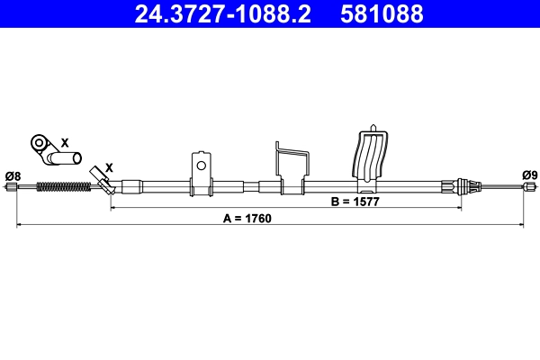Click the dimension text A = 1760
coord(247,219)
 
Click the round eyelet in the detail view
coord(40,142)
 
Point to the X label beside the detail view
coord(64,142)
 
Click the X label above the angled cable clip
coord(109,167)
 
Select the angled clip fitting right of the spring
coord(104,184)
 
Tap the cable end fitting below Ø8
coord(13,187)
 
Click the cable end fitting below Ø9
coord(529,187)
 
